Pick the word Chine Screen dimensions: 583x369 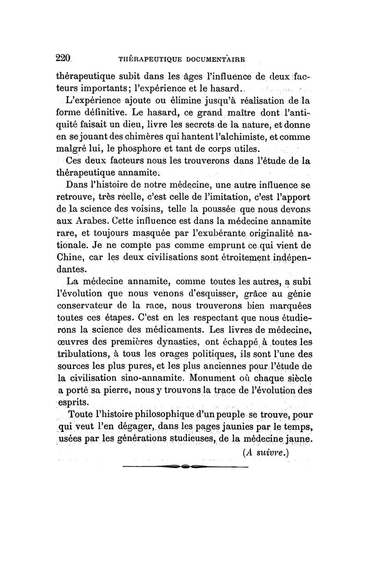69,257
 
